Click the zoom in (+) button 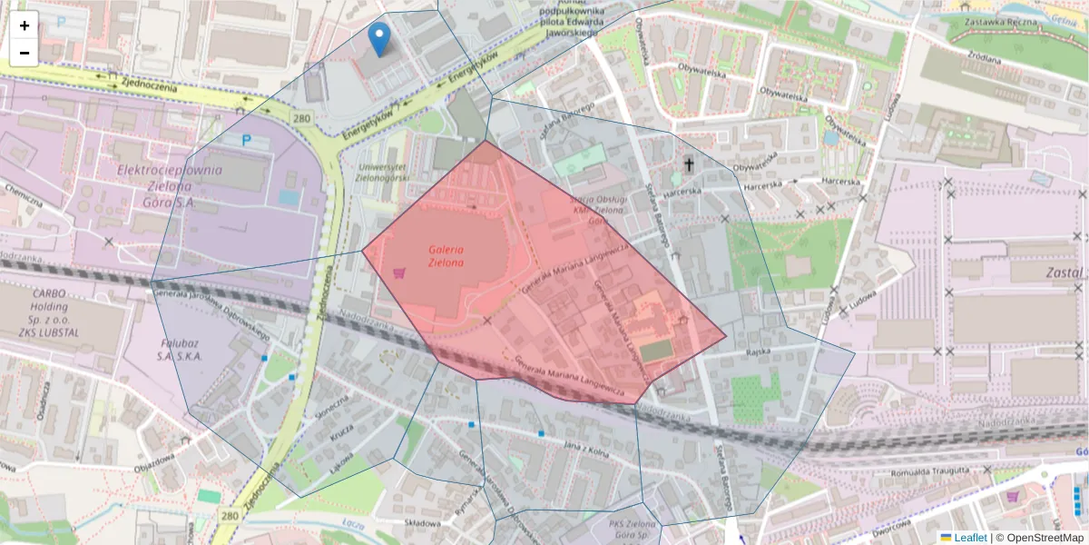[x=25, y=25]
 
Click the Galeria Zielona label [x=446, y=255]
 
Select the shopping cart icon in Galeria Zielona [x=397, y=272]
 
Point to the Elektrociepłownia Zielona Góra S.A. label [x=169, y=185]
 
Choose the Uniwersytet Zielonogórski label [x=382, y=173]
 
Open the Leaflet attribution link [x=970, y=538]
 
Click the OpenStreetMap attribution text [x=1039, y=538]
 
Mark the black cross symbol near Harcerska [x=689, y=164]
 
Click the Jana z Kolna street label [x=585, y=446]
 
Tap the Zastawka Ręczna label [x=1000, y=21]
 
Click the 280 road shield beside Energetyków [x=301, y=119]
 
